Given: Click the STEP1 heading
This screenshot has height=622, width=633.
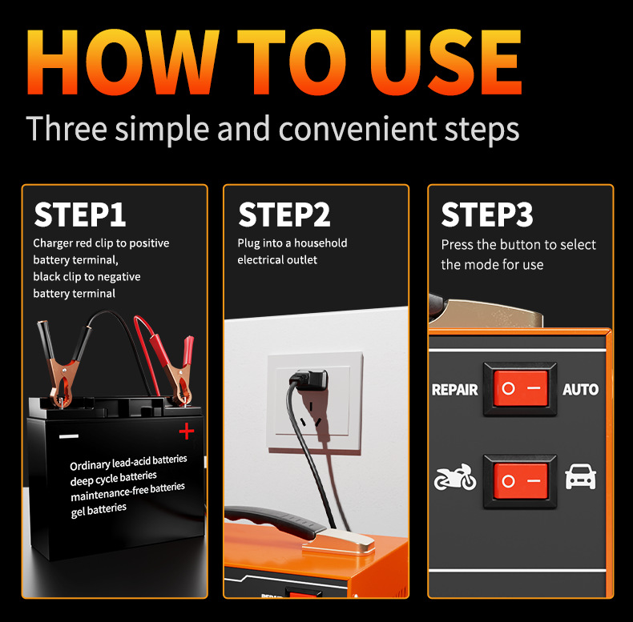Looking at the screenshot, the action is (x=80, y=215).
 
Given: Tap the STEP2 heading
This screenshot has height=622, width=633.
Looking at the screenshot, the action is (x=284, y=215).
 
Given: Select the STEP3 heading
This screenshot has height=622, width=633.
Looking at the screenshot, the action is (x=487, y=215).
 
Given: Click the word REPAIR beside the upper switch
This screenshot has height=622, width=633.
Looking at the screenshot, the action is (x=454, y=390).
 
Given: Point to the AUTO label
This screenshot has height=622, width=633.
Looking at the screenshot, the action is (x=581, y=390).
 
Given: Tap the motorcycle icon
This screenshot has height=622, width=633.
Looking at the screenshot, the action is (x=455, y=477).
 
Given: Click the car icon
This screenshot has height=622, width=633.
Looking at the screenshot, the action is (x=581, y=477).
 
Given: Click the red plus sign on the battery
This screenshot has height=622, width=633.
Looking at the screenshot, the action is (x=187, y=431).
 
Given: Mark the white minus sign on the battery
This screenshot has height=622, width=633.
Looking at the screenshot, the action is (x=69, y=436).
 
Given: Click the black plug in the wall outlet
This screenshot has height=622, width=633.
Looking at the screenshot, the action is (x=311, y=380).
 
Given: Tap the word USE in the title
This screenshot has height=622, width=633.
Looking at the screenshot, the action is (x=446, y=62).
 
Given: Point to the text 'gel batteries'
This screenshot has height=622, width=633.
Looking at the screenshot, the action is (x=99, y=510).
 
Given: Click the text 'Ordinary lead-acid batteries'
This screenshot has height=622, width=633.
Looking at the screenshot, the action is (x=128, y=463).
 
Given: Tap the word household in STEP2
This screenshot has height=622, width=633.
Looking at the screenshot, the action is (x=321, y=243).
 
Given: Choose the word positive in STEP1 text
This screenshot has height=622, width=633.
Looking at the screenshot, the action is (x=149, y=243).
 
